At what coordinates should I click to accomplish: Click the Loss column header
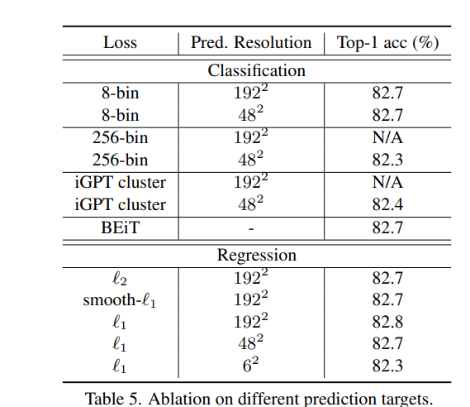tap(120, 43)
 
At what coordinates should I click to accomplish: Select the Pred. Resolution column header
tap(251, 43)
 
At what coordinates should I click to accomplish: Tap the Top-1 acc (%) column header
tap(387, 43)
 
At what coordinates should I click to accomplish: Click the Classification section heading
tap(256, 71)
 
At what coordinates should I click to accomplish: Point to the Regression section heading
tap(256, 255)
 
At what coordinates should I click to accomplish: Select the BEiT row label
tap(120, 227)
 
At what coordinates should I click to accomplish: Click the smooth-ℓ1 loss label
tap(120, 299)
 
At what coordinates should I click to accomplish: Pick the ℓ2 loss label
tap(120, 278)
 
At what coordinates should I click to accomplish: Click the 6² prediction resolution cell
tap(251, 365)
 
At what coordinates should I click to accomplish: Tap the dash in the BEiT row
tap(251, 227)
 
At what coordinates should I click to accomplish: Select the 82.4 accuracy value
tap(387, 204)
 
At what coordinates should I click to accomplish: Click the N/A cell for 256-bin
tap(387, 137)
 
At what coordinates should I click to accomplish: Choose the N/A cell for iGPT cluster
tap(387, 182)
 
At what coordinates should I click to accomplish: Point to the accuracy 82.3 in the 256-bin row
tap(387, 160)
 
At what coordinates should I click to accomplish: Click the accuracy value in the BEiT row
tap(387, 227)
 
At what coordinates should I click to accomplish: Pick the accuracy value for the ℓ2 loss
tap(387, 278)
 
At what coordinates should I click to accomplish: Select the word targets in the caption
tap(406, 397)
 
